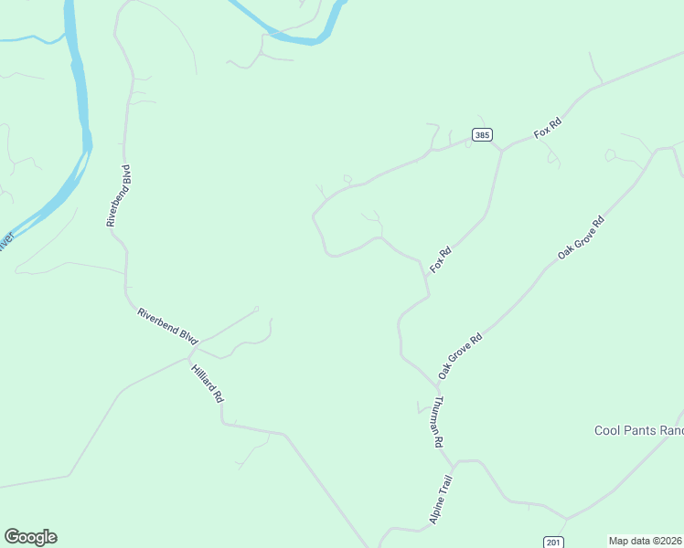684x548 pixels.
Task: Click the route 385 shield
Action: pyautogui.click(x=482, y=135)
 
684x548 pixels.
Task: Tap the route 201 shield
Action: pyautogui.click(x=552, y=542)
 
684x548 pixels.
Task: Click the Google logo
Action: pyautogui.click(x=30, y=537)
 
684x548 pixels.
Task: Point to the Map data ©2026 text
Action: pyautogui.click(x=646, y=541)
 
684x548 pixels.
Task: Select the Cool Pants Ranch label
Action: pyautogui.click(x=638, y=430)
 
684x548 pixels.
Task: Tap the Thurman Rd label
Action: pyautogui.click(x=438, y=421)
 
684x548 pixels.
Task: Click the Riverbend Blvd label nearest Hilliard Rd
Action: pyautogui.click(x=167, y=326)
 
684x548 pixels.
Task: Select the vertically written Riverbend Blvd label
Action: pyautogui.click(x=119, y=195)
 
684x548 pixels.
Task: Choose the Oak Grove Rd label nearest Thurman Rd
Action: pyautogui.click(x=459, y=355)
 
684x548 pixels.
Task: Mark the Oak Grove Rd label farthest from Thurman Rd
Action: pyautogui.click(x=582, y=239)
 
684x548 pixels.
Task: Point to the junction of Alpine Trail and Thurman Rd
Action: pyautogui.click(x=454, y=462)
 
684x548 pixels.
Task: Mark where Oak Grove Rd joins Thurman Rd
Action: pyautogui.click(x=440, y=385)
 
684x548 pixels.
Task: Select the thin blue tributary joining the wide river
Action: pyautogui.click(x=32, y=39)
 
